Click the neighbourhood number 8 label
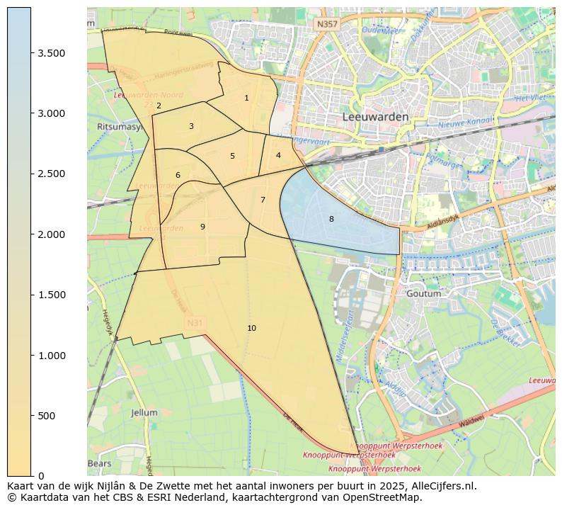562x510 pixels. point(331,220)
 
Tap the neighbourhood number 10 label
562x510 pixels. point(251,328)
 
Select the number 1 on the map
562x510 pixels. point(246,98)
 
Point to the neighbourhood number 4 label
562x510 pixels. point(278,156)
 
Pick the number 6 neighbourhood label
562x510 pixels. point(178,176)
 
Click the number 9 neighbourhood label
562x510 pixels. point(202,227)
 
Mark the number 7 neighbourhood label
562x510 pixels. point(263,200)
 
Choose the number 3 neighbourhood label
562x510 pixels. point(191,127)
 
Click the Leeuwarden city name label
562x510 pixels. point(375,117)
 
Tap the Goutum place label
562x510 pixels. point(424,293)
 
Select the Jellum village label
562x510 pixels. point(144,412)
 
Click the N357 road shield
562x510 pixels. point(327,24)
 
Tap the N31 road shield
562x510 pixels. point(195,323)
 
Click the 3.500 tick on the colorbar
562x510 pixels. point(51,53)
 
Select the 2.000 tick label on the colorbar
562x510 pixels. point(51,234)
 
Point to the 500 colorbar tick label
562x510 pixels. point(47,416)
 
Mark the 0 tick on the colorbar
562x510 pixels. point(41,476)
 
